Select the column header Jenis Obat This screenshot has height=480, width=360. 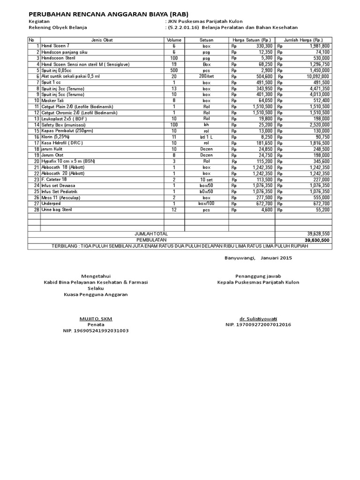pos(102,40)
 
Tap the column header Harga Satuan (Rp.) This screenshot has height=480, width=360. pos(252,40)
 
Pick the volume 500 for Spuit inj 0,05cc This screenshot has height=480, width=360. pos(174,70)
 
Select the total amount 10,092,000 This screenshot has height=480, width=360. pos(318,76)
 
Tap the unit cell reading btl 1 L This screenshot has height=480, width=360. pos(207,137)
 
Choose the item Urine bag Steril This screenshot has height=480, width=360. pos(57,210)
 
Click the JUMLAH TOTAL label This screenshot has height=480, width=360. pos(151,233)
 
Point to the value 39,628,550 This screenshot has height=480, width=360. pos(318,233)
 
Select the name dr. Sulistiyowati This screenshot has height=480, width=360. pos(258,319)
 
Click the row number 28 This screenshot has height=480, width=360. pos(36,210)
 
